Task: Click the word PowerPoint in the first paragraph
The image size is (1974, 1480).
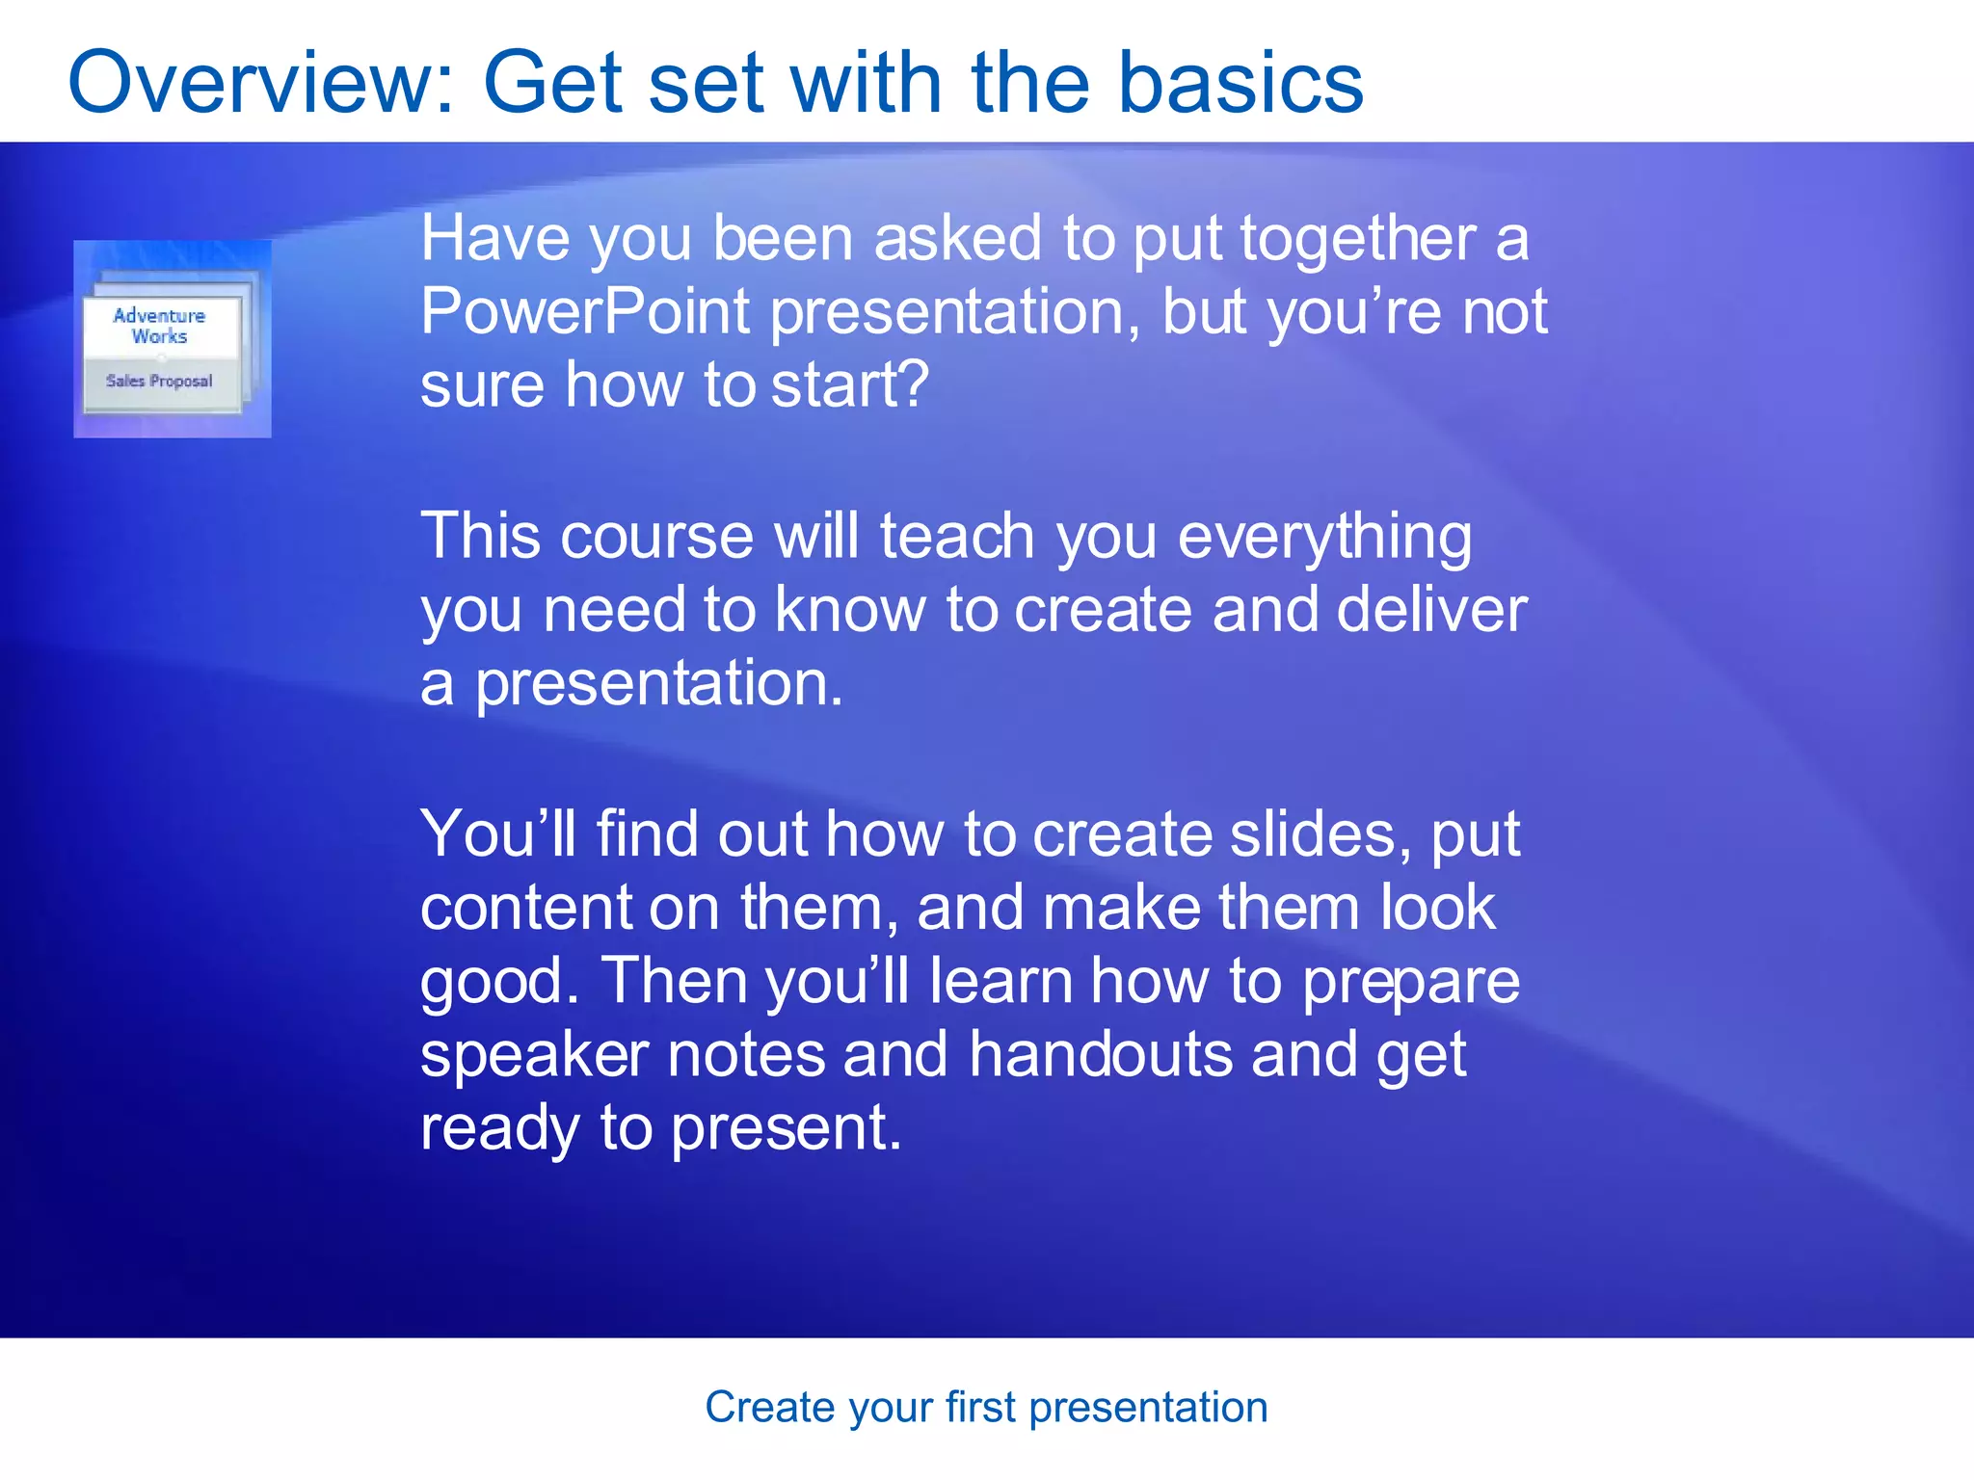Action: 584,312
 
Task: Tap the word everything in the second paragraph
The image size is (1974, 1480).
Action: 1324,538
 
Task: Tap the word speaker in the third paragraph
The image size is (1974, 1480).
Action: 534,1055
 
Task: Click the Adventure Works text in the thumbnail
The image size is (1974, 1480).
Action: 160,326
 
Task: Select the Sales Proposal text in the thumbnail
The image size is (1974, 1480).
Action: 159,381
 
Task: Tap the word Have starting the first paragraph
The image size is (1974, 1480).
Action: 494,239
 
